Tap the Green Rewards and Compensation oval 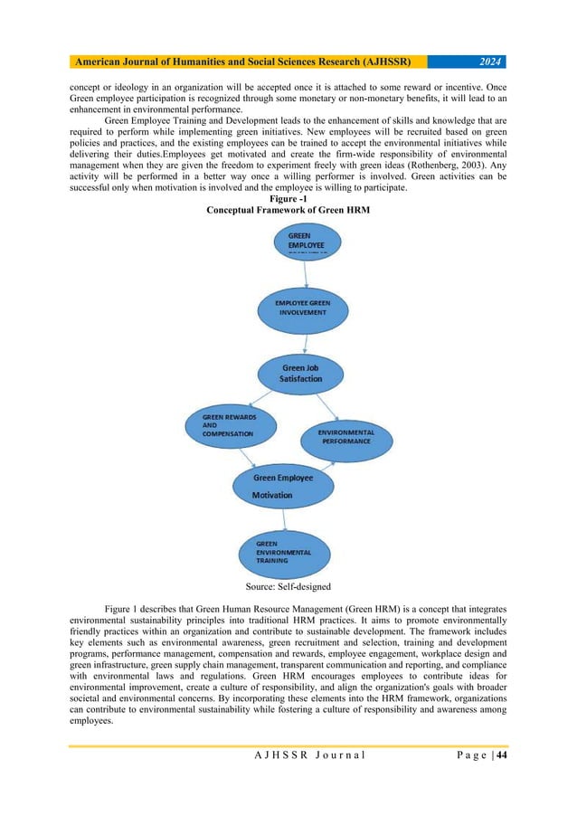222,425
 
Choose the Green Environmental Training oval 284,551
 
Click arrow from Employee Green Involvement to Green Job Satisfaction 306,343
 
